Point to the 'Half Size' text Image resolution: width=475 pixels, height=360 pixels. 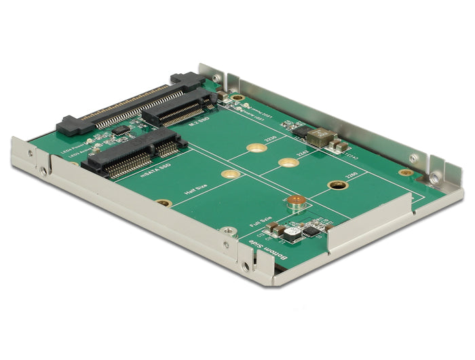196,197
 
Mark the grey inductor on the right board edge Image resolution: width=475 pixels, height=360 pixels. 318,138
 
